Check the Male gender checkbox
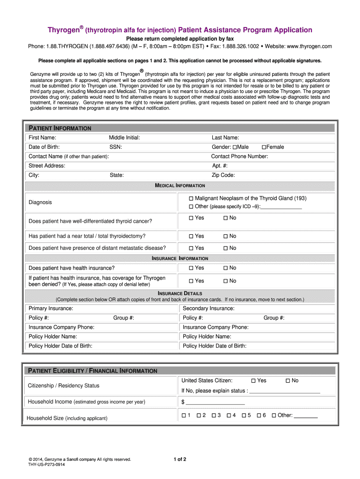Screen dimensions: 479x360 [235, 147]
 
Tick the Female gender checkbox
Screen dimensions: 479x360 [264, 147]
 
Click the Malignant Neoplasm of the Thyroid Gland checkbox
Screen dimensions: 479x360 [191, 198]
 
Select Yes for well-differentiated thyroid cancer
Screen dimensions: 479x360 [191, 218]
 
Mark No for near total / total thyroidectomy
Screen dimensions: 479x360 [225, 236]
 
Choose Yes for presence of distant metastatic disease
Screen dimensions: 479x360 [191, 248]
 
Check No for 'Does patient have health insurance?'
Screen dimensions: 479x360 [225, 268]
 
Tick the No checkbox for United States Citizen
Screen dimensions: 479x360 [288, 381]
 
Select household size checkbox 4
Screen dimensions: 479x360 [229, 415]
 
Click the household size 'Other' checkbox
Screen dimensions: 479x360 [274, 415]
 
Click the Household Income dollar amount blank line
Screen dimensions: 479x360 [215, 402]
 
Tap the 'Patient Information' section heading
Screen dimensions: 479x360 [60, 128]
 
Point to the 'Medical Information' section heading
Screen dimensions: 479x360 [180, 186]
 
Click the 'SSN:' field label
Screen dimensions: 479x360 [116, 147]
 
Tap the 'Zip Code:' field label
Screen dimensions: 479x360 [223, 175]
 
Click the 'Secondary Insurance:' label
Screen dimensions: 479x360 [208, 308]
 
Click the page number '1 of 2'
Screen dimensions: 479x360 [180, 459]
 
